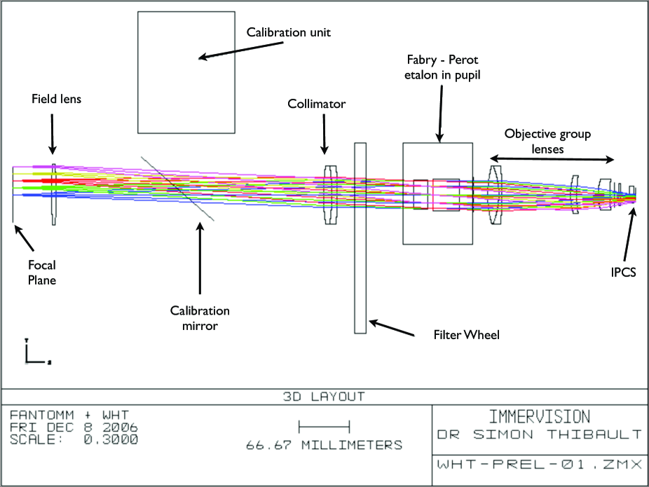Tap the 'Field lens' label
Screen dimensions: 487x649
pos(56,99)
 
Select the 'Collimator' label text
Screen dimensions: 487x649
pos(317,104)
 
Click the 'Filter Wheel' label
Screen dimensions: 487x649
pos(457,335)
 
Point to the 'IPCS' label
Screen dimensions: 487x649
pos(623,272)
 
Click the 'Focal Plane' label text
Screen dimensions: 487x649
pos(42,273)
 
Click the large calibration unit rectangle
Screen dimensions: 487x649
pos(186,72)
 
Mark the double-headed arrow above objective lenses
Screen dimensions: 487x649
pos(552,160)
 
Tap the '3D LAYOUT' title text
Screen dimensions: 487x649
pos(324,397)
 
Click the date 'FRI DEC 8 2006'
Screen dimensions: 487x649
pos(74,427)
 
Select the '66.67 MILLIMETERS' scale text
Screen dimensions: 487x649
pos(324,445)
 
